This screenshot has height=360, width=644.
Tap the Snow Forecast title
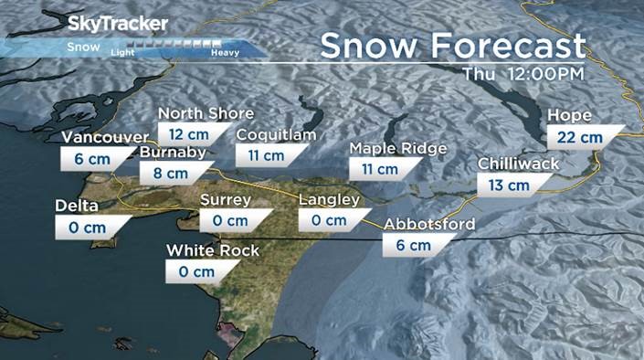click(x=452, y=45)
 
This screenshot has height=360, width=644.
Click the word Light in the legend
click(x=122, y=52)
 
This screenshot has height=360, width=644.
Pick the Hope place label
click(x=568, y=116)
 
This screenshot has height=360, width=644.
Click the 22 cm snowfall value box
click(x=580, y=137)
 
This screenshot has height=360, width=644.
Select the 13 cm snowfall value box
click(x=509, y=185)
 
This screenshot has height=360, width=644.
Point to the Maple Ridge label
click(x=397, y=148)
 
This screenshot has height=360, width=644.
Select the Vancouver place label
click(x=104, y=137)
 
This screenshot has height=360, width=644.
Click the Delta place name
click(x=76, y=205)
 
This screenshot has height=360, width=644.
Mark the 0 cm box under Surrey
click(x=232, y=220)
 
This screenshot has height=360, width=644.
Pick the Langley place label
click(x=330, y=200)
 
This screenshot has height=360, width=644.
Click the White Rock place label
click(x=213, y=249)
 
